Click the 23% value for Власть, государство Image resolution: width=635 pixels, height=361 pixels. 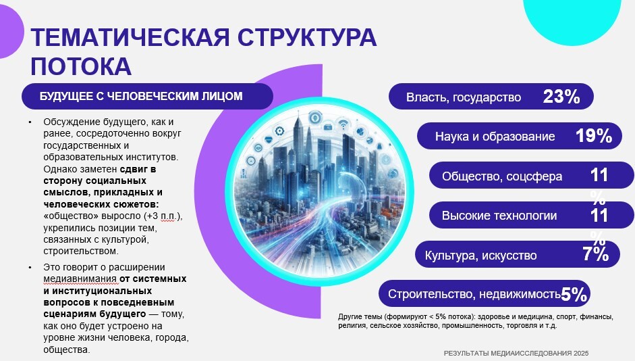tap(561, 97)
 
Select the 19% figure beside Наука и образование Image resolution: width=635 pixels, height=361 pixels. tap(594, 135)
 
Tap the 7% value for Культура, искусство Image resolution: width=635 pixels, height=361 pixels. tap(596, 254)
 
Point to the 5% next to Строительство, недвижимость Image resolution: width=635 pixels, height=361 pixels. tap(574, 294)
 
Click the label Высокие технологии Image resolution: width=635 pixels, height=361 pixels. tap(499, 216)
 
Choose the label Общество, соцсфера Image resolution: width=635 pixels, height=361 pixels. tap(502, 176)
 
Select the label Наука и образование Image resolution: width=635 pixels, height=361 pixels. tap(495, 137)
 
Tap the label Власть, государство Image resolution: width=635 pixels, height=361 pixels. tap(464, 97)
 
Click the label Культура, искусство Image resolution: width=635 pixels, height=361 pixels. tap(480, 256)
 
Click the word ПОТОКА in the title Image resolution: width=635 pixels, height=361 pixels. tap(81, 66)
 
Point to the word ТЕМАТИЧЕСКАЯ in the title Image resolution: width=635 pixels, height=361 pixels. tap(130, 37)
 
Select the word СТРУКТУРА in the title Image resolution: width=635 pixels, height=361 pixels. tap(307, 37)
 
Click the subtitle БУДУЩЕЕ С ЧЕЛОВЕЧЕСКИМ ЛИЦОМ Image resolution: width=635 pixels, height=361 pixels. tap(141, 96)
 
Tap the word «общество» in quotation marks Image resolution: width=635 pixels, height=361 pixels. tap(71, 216)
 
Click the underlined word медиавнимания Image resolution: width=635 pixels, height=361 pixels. tap(80, 279)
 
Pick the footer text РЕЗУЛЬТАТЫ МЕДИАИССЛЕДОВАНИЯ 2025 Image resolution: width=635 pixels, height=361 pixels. tap(516, 354)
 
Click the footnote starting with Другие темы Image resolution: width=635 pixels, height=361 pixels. tap(476, 321)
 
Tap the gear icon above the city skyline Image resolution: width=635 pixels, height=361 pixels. tap(279, 131)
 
